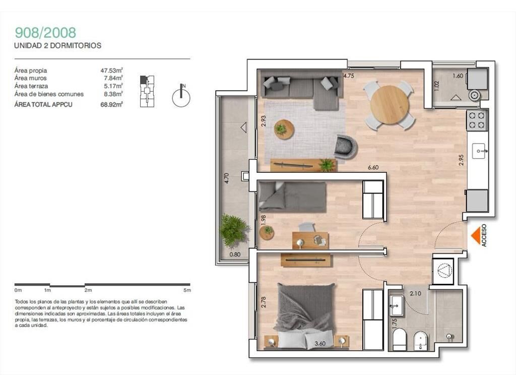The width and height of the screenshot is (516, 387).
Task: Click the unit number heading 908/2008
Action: [45, 33]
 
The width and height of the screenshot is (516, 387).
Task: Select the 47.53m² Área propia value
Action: [111, 70]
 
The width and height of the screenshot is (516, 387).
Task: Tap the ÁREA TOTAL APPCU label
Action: [43, 105]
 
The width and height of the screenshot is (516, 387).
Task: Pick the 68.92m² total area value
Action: [111, 105]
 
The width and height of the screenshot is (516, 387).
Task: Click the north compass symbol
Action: [181, 96]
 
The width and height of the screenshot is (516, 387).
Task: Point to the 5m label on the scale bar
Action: [187, 290]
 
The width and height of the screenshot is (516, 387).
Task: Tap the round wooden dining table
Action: [390, 105]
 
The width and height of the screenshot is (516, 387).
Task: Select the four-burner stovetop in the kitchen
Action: [477, 120]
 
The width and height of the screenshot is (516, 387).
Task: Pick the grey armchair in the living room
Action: [346, 147]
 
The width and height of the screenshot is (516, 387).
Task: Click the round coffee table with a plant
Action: [284, 129]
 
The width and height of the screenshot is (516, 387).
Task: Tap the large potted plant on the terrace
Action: [234, 230]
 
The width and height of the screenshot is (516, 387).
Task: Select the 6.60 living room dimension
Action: [373, 167]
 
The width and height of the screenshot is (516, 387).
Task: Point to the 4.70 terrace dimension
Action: [226, 178]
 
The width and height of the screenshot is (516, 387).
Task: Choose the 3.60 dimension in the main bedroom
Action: [320, 344]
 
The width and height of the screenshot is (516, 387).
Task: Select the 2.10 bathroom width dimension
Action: [415, 294]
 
